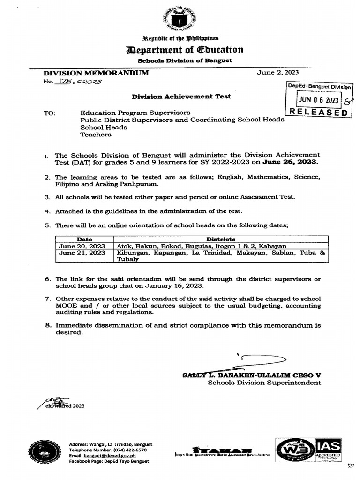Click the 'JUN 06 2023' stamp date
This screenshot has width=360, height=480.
pyautogui.click(x=319, y=100)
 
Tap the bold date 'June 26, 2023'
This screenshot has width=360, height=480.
pyautogui.click(x=295, y=162)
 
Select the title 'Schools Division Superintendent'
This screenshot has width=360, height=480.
pyautogui.click(x=264, y=382)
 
